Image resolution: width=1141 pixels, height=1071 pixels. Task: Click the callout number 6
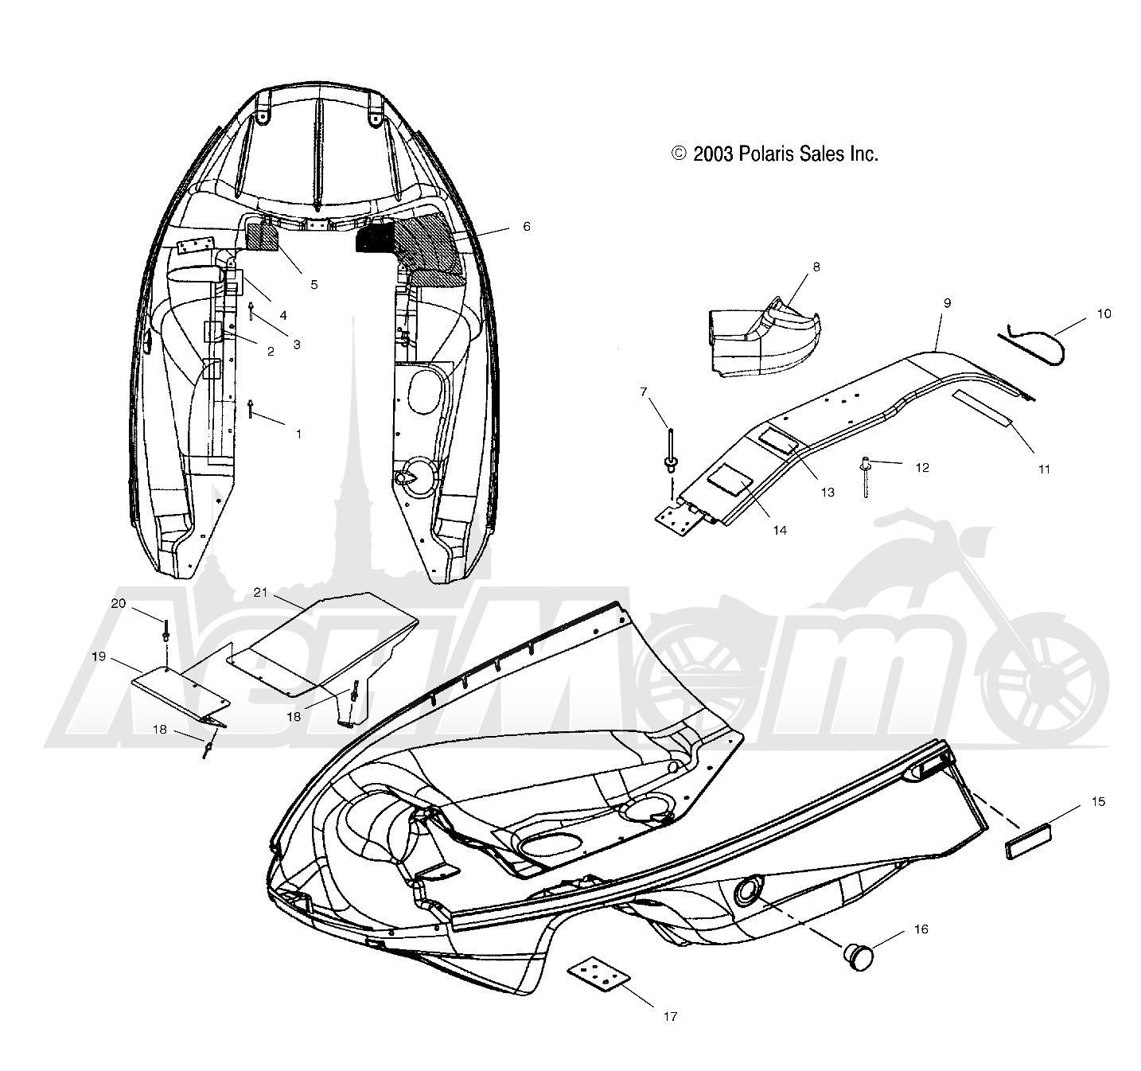pyautogui.click(x=526, y=227)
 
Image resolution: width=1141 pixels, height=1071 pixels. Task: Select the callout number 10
pyautogui.click(x=1104, y=314)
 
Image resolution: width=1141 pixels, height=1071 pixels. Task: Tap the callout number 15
pyautogui.click(x=1098, y=801)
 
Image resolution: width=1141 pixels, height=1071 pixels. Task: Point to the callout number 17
pyautogui.click(x=671, y=1016)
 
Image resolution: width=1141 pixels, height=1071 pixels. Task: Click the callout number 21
pyautogui.click(x=261, y=592)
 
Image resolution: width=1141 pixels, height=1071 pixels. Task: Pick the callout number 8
pyautogui.click(x=816, y=267)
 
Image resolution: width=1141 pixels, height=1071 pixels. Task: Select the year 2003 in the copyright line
pyautogui.click(x=713, y=154)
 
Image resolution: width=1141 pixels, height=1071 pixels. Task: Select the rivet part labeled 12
pyautogui.click(x=865, y=477)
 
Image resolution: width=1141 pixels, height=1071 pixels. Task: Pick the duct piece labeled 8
pyautogui.click(x=762, y=336)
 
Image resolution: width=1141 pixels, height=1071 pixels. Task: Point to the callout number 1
pyautogui.click(x=298, y=434)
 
